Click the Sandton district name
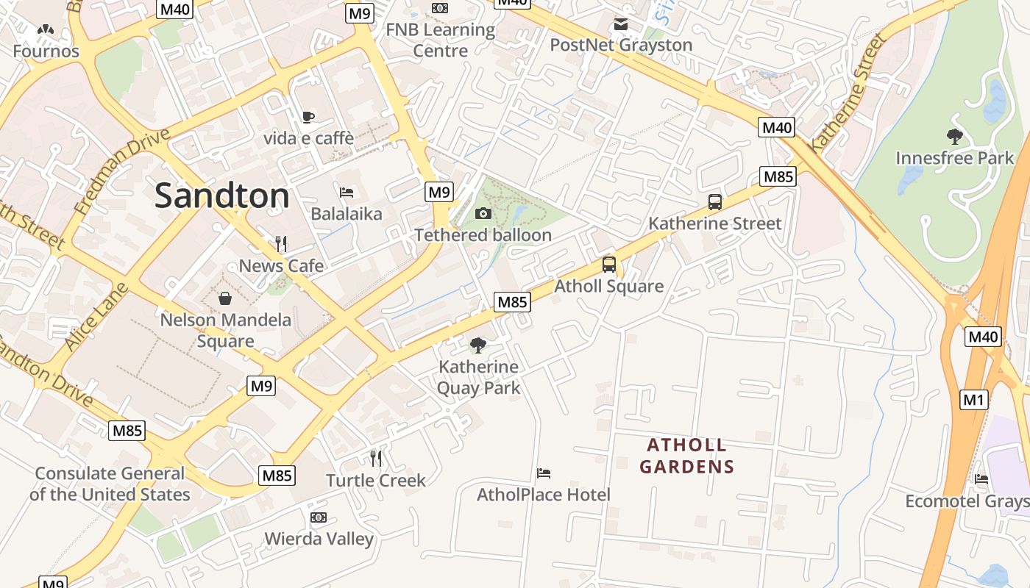pos(222,196)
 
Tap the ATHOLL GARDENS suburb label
pos(686,456)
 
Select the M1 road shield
pos(973,400)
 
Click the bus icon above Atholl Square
pos(608,265)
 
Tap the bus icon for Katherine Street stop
pos(714,202)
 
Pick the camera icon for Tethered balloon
pos(483,214)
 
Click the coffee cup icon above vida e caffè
pos(308,117)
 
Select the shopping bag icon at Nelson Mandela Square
pos(225,298)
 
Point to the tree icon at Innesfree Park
pos(954,136)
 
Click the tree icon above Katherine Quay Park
pos(478,345)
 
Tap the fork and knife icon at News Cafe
pos(280,244)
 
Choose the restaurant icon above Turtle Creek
pos(376,459)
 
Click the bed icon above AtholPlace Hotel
pos(544,473)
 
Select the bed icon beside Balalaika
pos(347,193)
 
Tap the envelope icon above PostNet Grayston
pos(621,24)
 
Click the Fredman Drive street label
pos(122,171)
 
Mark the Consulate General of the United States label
pos(110,484)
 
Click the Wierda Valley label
pos(319,539)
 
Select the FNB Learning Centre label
pos(440,40)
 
